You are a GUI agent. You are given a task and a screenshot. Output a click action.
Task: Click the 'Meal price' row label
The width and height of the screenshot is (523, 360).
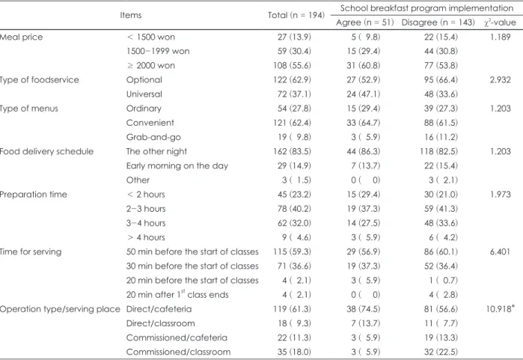[22, 37]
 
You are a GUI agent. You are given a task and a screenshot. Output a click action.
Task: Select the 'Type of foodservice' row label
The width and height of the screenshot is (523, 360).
[40, 80]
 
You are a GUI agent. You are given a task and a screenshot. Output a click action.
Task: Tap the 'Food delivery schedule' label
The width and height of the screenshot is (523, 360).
[46, 151]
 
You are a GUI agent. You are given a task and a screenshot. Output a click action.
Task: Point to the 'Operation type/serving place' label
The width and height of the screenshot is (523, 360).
[60, 309]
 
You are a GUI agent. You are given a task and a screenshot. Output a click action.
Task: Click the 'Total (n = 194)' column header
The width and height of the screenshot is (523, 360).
[296, 16]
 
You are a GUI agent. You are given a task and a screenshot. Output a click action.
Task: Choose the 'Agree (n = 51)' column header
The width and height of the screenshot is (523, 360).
[365, 22]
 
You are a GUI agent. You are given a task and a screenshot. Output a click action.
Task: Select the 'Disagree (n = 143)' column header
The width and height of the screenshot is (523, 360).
[438, 22]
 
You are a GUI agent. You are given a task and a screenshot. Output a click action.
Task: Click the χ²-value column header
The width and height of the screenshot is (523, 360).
[500, 22]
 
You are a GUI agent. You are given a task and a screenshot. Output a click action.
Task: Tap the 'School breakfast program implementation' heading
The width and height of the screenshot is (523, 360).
[426, 8]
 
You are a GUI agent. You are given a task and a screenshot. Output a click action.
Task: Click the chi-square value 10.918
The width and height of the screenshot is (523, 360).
[498, 309]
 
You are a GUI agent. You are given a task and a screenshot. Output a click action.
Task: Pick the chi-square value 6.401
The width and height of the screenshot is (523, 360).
[500, 251]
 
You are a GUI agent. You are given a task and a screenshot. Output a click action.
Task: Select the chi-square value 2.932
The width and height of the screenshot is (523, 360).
[500, 80]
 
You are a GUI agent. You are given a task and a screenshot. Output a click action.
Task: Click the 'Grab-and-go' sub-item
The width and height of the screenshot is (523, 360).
[153, 137]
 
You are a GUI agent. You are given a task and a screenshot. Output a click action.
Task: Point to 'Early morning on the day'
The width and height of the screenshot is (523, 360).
[177, 166]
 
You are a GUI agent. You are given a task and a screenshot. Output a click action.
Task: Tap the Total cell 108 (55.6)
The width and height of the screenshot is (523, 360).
[293, 65]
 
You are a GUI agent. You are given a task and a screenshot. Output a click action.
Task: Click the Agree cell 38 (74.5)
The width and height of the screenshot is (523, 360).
[363, 309]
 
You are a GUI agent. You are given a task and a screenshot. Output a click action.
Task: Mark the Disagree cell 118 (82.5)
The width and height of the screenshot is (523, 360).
[439, 151]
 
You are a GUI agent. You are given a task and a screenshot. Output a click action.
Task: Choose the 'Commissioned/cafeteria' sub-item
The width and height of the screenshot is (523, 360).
[177, 338]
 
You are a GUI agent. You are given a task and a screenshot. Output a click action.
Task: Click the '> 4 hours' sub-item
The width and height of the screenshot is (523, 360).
[146, 237]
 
